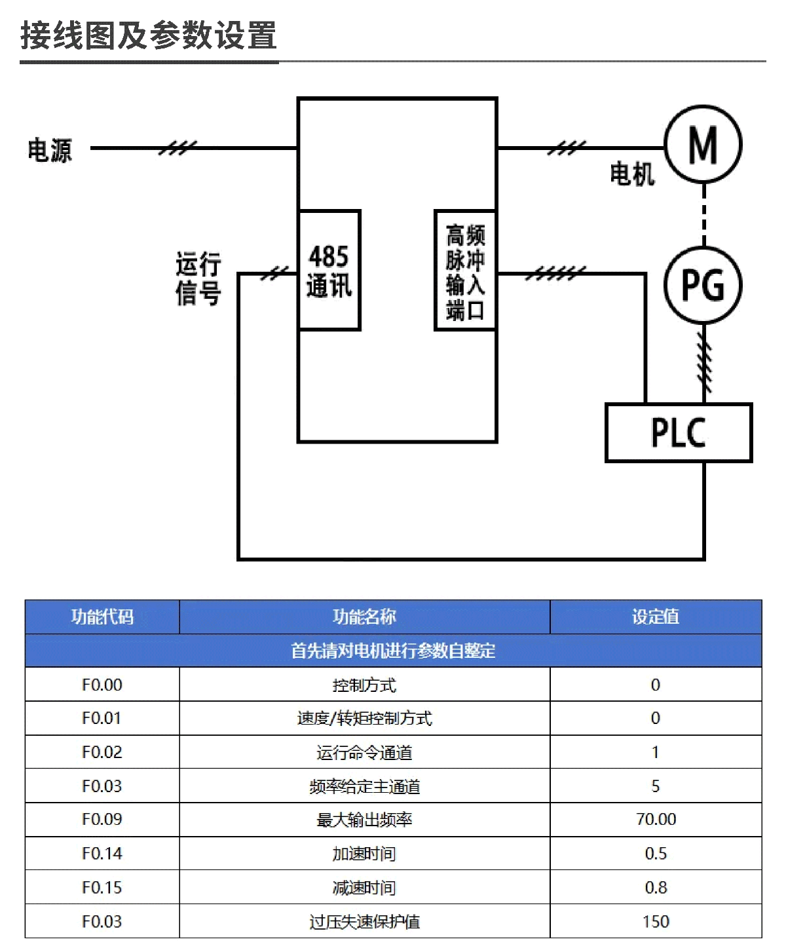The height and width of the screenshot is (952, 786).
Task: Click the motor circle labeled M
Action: [x=703, y=144]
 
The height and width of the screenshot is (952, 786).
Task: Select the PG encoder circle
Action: [x=703, y=285]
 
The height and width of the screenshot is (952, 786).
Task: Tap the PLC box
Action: [x=679, y=432]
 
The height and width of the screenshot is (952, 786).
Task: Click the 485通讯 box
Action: [x=329, y=270]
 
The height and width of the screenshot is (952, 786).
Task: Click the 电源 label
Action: [x=50, y=150]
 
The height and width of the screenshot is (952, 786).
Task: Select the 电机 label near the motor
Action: [x=632, y=175]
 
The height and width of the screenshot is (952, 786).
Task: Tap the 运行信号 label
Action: [x=198, y=278]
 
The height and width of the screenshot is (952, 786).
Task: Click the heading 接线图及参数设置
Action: [x=149, y=35]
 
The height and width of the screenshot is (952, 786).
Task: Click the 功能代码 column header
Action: [x=102, y=617]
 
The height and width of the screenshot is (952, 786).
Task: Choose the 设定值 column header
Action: [x=655, y=617]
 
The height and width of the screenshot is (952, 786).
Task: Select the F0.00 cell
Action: [x=102, y=685]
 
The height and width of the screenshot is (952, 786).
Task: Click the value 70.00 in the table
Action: [x=656, y=820]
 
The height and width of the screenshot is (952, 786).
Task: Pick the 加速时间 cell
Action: [x=364, y=854]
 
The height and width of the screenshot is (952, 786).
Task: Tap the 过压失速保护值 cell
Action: [x=364, y=922]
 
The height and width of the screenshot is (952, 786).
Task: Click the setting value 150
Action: [x=656, y=922]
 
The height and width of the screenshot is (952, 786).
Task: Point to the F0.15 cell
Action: [x=102, y=888]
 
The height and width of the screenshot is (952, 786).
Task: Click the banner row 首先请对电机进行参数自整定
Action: [x=393, y=651]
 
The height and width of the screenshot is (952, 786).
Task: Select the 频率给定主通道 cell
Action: [x=364, y=786]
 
